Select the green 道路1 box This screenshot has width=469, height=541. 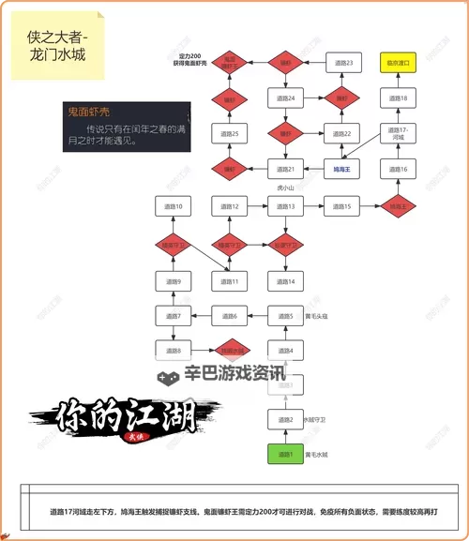point(286,455)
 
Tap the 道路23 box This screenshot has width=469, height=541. point(342,64)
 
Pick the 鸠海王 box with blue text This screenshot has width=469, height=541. point(342,170)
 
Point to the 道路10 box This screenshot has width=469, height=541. point(173,206)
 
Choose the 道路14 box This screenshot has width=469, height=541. point(286,280)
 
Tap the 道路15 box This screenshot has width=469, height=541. point(342,206)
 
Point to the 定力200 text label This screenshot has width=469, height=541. point(190,58)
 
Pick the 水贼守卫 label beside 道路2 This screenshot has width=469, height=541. point(317,420)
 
